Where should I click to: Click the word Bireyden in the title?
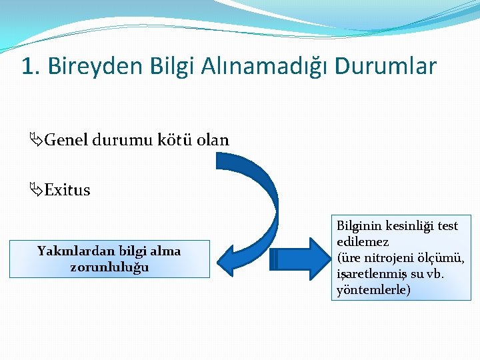(x=89, y=67)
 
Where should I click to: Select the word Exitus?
(x=67, y=191)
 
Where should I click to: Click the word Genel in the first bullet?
(x=67, y=141)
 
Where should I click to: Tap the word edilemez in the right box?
(x=363, y=242)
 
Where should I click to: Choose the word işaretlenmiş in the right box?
(x=369, y=274)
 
